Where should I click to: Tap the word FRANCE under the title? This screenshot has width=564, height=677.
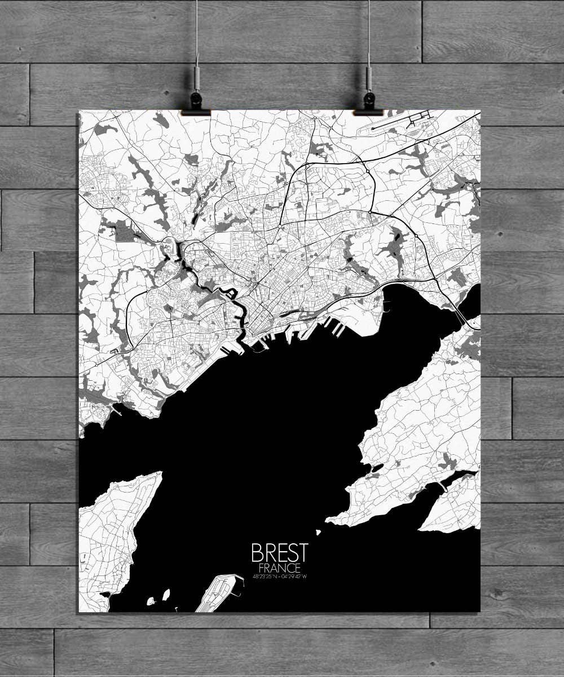(280, 568)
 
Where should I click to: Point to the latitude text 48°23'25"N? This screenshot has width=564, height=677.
(265, 577)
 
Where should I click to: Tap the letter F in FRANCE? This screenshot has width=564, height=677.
(261, 568)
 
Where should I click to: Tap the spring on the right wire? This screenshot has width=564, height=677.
(368, 73)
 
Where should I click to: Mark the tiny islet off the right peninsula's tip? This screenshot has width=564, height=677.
(318, 532)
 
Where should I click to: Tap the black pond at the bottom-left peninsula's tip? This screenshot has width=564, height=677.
(104, 595)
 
